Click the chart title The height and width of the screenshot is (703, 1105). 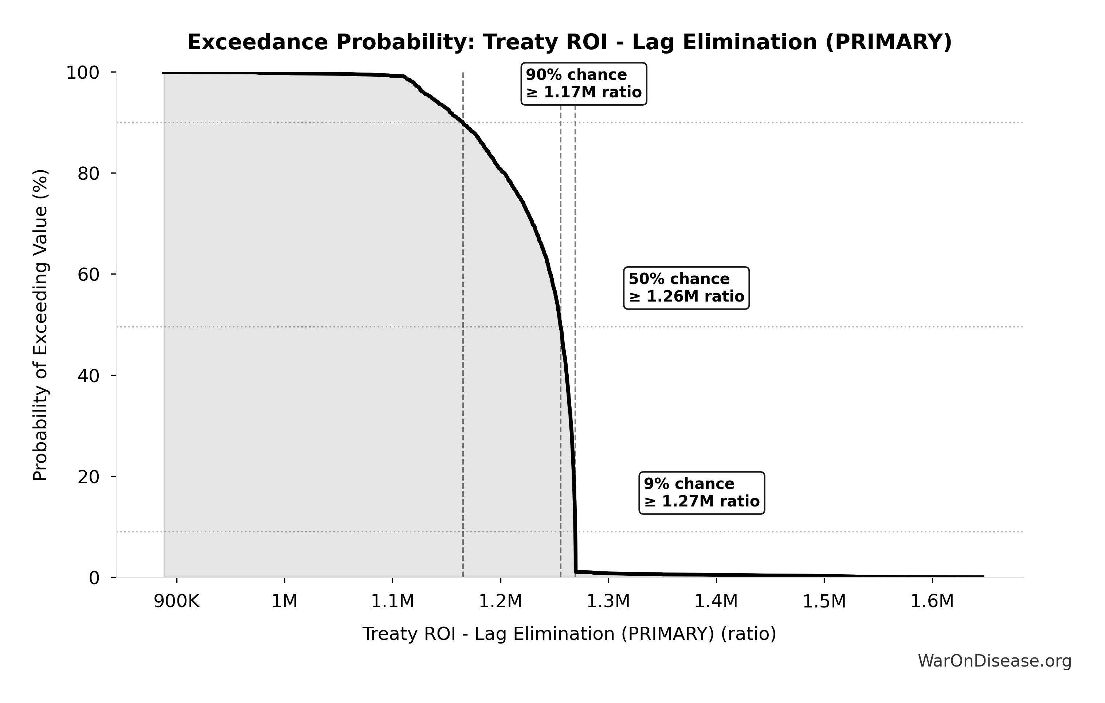coord(569,42)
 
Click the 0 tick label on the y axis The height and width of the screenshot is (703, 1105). coord(94,578)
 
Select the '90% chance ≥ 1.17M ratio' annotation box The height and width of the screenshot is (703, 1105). coord(584,83)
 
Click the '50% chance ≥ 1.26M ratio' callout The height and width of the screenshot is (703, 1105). coord(686,288)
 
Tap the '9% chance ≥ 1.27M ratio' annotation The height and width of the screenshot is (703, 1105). coord(702,493)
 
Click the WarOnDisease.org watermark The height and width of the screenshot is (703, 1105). coord(994,661)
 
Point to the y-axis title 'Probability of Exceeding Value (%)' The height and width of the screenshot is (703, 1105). coord(41,325)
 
